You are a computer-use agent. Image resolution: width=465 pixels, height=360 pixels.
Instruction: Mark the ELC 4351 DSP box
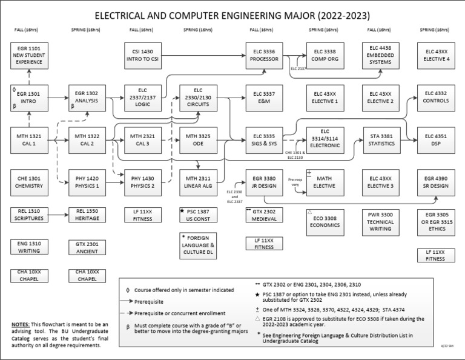point(437,140)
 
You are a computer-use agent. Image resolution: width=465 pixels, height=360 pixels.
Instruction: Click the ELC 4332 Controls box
point(437,96)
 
